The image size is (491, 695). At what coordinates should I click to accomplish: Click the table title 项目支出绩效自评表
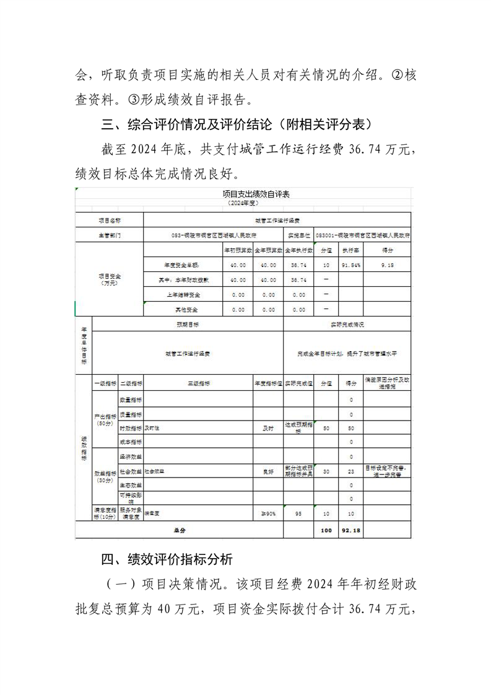245,194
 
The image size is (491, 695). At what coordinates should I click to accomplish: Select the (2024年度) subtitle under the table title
245,203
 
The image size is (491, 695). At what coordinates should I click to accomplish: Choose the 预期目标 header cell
188,324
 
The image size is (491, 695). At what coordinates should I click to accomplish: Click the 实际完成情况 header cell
347,324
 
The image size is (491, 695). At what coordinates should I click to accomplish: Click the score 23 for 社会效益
351,471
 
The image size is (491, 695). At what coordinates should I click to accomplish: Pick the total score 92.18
350,531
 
